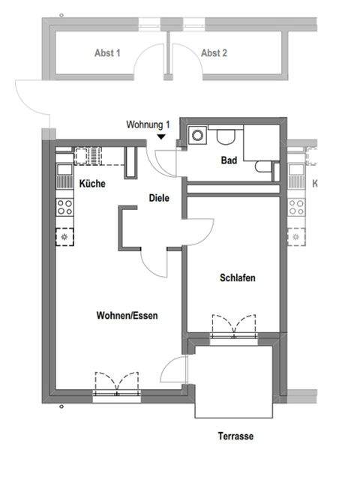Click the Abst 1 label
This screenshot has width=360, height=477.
[x=107, y=53]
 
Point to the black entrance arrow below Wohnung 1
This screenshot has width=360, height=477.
[x=161, y=136]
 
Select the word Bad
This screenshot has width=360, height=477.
[x=229, y=160]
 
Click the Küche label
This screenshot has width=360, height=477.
[x=91, y=184]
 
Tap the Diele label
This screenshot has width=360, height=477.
[x=158, y=199]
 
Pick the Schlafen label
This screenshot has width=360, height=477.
[x=238, y=277]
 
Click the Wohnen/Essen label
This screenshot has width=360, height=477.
[x=127, y=316]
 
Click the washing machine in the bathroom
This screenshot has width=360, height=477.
[x=197, y=136]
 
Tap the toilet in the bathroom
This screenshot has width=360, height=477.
[x=226, y=136]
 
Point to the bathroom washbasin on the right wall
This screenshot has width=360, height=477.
[x=263, y=167]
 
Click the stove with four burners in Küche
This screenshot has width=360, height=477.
[x=64, y=206]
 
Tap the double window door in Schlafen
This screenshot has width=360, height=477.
[x=235, y=328]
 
